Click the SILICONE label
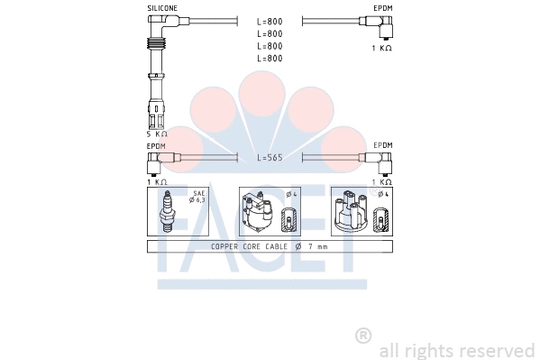point(161,8)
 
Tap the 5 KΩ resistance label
point(158,134)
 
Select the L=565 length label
point(270,158)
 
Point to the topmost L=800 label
point(270,21)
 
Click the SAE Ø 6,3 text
point(197,197)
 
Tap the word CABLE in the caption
point(274,246)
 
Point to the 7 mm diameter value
point(317,246)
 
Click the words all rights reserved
point(457,350)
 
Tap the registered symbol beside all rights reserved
point(363,336)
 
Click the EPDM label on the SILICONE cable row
point(382,8)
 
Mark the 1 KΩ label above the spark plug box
point(158,181)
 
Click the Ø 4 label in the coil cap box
point(291,194)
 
